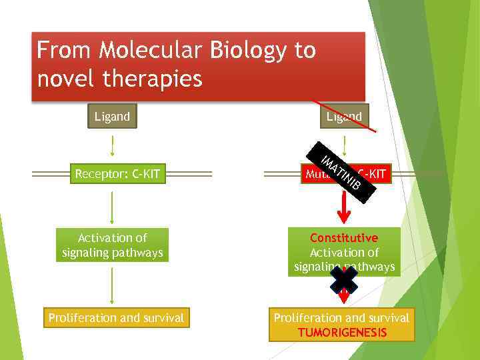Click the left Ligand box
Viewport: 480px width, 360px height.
tap(112, 117)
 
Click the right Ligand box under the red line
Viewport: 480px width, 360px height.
tap(344, 117)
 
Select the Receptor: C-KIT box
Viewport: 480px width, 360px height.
tap(117, 175)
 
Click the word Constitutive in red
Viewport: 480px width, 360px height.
tap(344, 238)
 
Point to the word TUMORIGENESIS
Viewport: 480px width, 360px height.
tap(342, 333)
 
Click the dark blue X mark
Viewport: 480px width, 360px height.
tap(344, 281)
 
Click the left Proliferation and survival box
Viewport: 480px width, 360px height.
tap(116, 318)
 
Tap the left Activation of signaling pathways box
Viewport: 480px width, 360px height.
tap(112, 245)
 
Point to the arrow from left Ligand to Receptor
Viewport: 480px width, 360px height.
tap(112, 145)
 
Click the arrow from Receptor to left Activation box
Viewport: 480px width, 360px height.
tap(112, 206)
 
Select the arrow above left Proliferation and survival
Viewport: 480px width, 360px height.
tap(112, 285)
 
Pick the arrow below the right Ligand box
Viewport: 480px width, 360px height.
tap(344, 145)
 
